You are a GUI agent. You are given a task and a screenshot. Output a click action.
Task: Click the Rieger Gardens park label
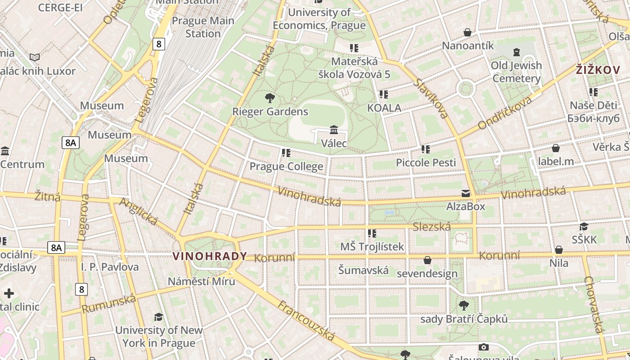click(x=270, y=112)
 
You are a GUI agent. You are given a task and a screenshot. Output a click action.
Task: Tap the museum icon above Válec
click(x=334, y=130)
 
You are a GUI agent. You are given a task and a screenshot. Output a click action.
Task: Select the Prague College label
click(x=286, y=166)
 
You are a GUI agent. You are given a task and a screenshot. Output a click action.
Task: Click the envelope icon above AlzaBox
click(x=466, y=193)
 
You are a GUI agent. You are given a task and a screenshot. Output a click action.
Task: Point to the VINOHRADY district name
click(x=210, y=256)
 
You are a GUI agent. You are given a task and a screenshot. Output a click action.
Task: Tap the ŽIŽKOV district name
click(x=598, y=70)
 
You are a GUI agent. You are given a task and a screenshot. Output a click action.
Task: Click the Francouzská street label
click(x=306, y=321)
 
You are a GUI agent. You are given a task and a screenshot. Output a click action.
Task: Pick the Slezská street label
click(x=432, y=226)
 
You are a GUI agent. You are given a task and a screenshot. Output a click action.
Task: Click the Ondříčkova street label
click(x=505, y=112)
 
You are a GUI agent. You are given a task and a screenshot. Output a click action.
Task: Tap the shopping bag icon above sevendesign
click(x=427, y=260)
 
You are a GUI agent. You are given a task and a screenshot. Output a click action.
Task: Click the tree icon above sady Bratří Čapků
click(x=463, y=306)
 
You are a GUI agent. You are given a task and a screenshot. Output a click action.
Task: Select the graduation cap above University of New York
click(x=158, y=317)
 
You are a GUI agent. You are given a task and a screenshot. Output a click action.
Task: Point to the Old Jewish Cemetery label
click(x=516, y=72)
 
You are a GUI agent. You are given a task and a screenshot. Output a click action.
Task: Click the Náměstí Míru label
click(x=201, y=281)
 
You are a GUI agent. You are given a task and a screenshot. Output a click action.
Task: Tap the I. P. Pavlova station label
click(x=110, y=267)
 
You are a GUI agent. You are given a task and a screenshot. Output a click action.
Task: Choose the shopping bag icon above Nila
click(x=559, y=250)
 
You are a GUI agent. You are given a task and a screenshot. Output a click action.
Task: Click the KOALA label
click(x=384, y=108)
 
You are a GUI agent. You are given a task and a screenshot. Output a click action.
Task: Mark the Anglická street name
click(x=138, y=211)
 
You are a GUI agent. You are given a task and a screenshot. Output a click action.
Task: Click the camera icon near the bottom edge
click(x=484, y=347)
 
